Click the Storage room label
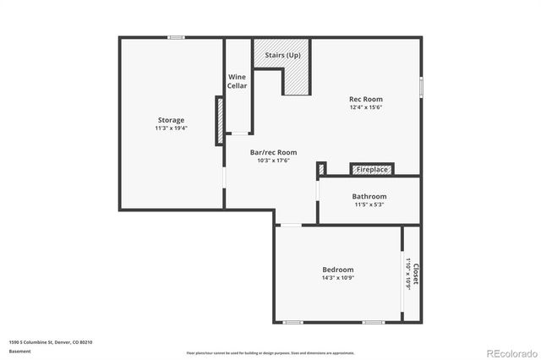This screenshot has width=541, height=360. (170, 120)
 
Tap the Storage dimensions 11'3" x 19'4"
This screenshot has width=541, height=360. (170, 129)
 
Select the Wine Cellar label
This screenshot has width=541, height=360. (238, 82)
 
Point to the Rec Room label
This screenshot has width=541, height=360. (366, 99)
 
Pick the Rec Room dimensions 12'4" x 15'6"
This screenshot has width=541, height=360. (366, 108)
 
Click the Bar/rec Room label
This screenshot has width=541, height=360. (273, 152)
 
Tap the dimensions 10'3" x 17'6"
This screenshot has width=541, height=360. (273, 161)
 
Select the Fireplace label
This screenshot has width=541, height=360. (372, 170)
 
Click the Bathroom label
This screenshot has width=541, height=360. (369, 197)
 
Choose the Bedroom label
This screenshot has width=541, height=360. (336, 268)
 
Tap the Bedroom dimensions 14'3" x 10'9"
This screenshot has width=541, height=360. (336, 277)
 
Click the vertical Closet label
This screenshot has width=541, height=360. (415, 274)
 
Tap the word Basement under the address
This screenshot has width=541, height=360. (19, 351)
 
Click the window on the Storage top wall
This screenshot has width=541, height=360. (176, 37)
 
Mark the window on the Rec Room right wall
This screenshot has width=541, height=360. (421, 90)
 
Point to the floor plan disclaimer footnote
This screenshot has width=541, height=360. (270, 352)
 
